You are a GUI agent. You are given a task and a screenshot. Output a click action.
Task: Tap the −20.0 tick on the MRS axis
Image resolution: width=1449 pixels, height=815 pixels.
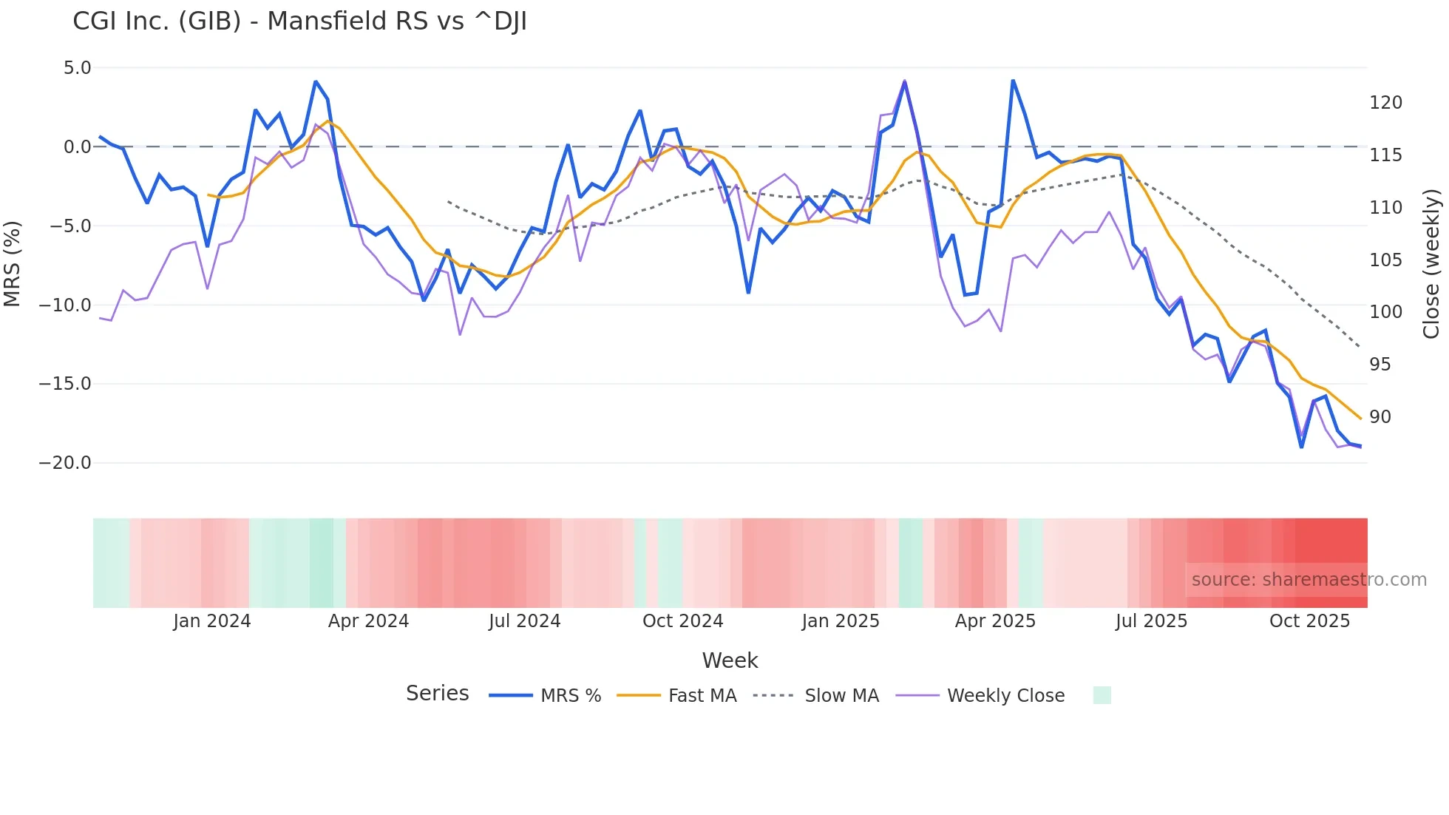pyautogui.click(x=65, y=463)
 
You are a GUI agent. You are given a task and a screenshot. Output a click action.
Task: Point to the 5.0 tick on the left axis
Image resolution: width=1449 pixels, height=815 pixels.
pyautogui.click(x=77, y=68)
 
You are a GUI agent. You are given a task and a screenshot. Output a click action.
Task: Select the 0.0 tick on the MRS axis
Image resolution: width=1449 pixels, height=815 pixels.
pyautogui.click(x=77, y=147)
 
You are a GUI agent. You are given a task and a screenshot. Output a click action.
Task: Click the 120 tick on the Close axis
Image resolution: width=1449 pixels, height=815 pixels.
pyautogui.click(x=1385, y=103)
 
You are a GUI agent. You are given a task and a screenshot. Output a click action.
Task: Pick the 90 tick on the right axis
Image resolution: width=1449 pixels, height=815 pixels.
pyautogui.click(x=1380, y=417)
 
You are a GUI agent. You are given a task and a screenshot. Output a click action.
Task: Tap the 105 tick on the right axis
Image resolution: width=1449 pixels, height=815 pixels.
pyautogui.click(x=1385, y=260)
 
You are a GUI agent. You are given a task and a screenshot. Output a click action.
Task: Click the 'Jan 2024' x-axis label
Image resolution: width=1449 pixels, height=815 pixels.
pyautogui.click(x=212, y=621)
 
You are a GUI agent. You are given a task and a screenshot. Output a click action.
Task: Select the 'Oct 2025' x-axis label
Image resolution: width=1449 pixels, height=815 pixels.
pyautogui.click(x=1309, y=621)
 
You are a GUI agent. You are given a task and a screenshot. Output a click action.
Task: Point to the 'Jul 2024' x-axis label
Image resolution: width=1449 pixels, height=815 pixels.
pyautogui.click(x=524, y=621)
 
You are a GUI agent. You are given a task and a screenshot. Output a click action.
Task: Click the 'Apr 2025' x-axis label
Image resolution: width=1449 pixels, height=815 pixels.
pyautogui.click(x=995, y=621)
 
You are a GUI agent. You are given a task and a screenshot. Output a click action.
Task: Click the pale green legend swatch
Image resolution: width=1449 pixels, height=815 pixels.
pyautogui.click(x=1102, y=695)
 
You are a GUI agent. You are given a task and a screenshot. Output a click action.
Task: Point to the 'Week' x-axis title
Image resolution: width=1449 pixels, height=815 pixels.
pyautogui.click(x=730, y=660)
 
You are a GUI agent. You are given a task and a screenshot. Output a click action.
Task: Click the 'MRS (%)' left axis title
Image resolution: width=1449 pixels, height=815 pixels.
pyautogui.click(x=13, y=264)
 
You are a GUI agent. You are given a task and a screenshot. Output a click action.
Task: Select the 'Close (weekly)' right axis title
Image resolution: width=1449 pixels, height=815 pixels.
pyautogui.click(x=1431, y=264)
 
